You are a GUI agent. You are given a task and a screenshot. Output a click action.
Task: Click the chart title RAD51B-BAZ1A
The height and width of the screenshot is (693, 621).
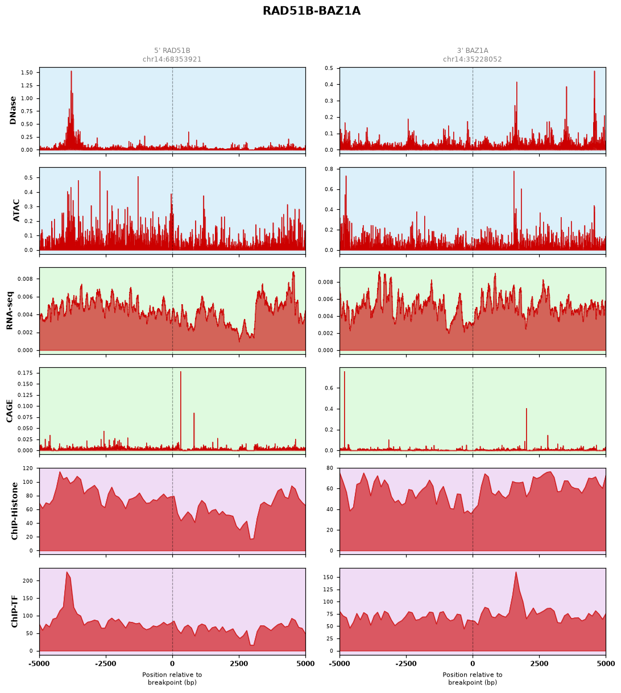tap(311, 11)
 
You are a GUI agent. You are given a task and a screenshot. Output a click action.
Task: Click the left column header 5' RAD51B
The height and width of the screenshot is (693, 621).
tap(172, 51)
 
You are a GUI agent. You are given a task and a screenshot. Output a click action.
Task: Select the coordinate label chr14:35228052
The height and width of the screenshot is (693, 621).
tap(472, 59)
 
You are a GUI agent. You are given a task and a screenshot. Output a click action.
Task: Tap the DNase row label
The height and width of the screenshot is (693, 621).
tap(13, 110)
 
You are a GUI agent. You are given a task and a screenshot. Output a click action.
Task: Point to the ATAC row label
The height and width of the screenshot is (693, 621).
tap(16, 210)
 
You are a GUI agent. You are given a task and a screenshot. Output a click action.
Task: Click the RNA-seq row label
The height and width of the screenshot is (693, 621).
tap(10, 310)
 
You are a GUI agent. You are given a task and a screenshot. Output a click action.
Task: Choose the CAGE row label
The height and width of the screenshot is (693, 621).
tap(10, 411)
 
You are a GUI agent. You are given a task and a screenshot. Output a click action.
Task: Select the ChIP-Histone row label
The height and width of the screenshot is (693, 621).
tap(14, 511)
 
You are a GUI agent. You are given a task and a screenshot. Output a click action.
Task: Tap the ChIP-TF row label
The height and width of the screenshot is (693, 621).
tap(14, 611)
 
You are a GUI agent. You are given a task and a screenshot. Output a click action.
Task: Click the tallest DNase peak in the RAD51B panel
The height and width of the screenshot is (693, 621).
tap(71, 72)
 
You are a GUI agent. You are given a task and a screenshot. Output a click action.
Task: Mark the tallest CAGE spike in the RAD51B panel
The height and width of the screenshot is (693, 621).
tap(181, 372)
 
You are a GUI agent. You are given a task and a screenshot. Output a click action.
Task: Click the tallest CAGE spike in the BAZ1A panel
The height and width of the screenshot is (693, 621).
tap(344, 372)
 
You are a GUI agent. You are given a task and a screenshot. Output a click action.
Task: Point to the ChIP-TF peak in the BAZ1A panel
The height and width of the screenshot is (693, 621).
tap(516, 572)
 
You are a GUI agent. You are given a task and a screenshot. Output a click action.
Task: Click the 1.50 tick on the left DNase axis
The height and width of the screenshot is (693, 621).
tap(27, 73)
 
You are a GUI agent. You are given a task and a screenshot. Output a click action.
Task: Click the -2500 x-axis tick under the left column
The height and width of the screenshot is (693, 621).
tap(106, 663)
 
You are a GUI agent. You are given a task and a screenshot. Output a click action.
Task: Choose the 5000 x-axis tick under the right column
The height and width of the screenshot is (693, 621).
tap(605, 663)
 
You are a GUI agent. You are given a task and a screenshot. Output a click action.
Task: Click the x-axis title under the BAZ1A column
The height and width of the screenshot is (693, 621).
tap(472, 678)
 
